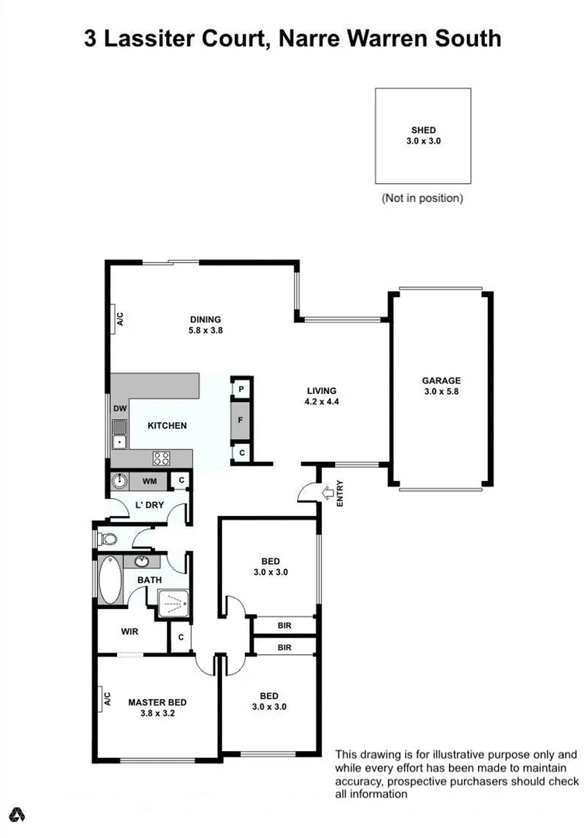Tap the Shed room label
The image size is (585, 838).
[x=423, y=130]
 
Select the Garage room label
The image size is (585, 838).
[x=441, y=381]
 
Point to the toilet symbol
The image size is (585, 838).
[x=107, y=538]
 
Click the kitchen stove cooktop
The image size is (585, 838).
[x=161, y=458]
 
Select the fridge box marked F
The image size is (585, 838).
[x=241, y=421]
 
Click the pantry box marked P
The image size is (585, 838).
[x=241, y=389]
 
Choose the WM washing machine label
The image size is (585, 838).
[x=149, y=482]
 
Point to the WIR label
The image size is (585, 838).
[x=130, y=632]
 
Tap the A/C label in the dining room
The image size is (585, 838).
[x=119, y=318]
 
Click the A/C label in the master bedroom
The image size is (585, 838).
[x=108, y=700]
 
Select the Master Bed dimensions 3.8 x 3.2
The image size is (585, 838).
[x=157, y=714]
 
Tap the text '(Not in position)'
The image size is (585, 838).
[x=422, y=198]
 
